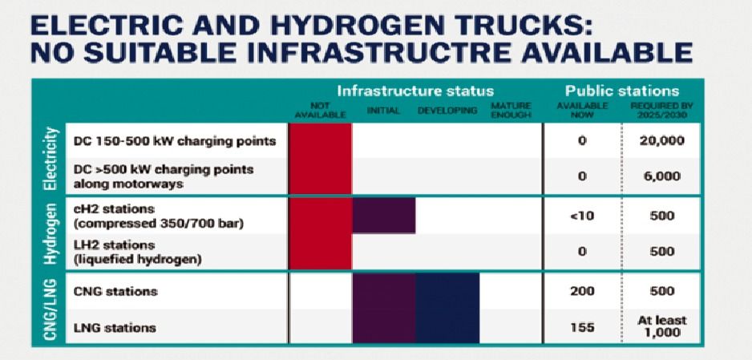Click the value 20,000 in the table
pos(661,141)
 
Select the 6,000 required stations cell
pos(661,176)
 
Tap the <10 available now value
pos(581,216)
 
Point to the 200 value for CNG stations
pos(582,291)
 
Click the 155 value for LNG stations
pos(582,327)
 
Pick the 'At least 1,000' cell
pos(661,326)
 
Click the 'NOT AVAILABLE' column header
pos(320,111)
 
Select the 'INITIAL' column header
pos(383,111)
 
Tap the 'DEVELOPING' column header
pos(447,111)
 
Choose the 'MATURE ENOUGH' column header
pos(511,111)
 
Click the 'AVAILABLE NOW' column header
pos(582,111)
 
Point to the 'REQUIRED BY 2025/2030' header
pos(662,111)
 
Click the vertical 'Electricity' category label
pos(51,159)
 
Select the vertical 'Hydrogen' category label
pos(51,233)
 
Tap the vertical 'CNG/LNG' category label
pos(51,308)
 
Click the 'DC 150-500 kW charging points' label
pos(175,141)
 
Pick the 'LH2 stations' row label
pos(114,246)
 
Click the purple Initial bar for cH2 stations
pos(384,215)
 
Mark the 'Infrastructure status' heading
pos(414,91)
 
